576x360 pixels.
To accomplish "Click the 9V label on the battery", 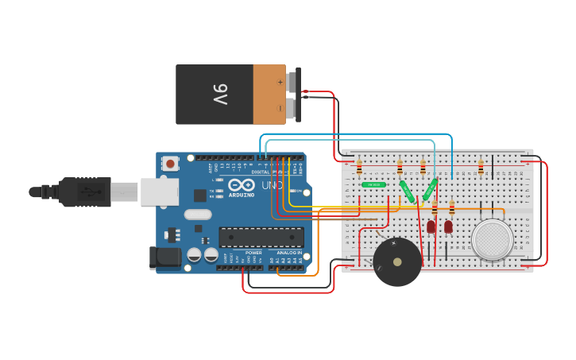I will [220, 94].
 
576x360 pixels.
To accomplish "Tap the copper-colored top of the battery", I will [269, 95].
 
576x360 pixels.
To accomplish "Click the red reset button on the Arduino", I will [170, 164].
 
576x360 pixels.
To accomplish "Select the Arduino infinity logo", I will [242, 185].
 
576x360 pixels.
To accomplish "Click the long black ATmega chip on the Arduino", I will [261, 237].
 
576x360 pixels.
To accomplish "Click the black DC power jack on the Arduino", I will [166, 257].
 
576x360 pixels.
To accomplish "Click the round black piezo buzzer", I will [397, 262].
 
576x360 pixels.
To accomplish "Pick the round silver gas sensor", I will [492, 238].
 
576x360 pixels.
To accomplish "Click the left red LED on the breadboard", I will [431, 227].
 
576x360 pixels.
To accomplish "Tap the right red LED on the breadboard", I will [448, 227].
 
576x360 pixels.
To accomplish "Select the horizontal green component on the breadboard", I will [373, 184].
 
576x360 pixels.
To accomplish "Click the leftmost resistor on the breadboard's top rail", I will [359, 168].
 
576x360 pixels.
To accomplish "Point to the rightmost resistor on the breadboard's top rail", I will [481, 167].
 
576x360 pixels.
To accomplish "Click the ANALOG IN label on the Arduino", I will [288, 253].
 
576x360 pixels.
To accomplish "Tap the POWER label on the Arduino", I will [253, 253].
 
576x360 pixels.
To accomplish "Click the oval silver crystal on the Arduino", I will [198, 214].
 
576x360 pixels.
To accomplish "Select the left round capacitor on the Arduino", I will [194, 254].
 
